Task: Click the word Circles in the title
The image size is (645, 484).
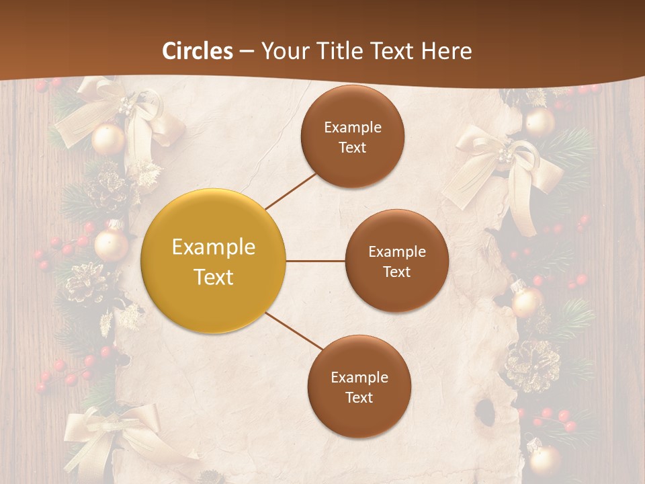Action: [x=198, y=51]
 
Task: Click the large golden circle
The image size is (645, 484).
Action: [x=213, y=261]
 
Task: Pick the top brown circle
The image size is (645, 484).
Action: [x=352, y=136]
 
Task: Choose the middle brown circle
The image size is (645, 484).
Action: [x=396, y=261]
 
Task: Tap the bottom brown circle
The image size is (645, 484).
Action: [x=359, y=387]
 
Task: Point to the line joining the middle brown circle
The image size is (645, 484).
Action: [x=316, y=261]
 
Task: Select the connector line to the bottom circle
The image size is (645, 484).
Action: [x=294, y=331]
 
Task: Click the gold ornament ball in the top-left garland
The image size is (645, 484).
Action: [x=108, y=138]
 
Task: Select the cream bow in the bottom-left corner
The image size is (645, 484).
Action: [x=107, y=437]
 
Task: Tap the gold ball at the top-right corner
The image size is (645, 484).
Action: [x=540, y=122]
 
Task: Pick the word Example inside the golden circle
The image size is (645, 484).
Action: [x=213, y=247]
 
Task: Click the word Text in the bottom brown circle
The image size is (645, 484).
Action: [x=359, y=397]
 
